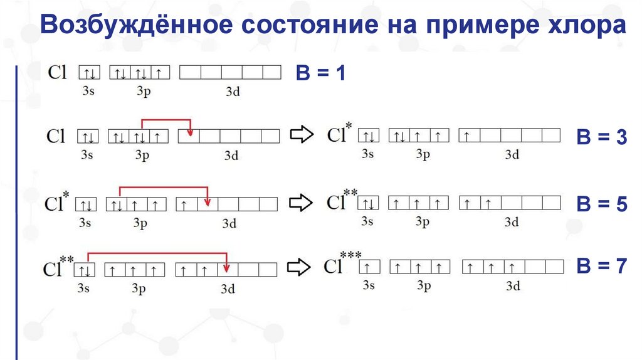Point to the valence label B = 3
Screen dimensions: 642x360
[x=602, y=139]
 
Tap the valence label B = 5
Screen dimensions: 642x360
[x=602, y=204]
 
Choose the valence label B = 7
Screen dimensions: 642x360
[x=602, y=267]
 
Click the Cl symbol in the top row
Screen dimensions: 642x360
[x=57, y=72]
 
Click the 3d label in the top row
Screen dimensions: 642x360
[x=233, y=91]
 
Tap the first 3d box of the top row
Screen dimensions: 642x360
[x=190, y=73]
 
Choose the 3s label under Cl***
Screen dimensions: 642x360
[x=369, y=286]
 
